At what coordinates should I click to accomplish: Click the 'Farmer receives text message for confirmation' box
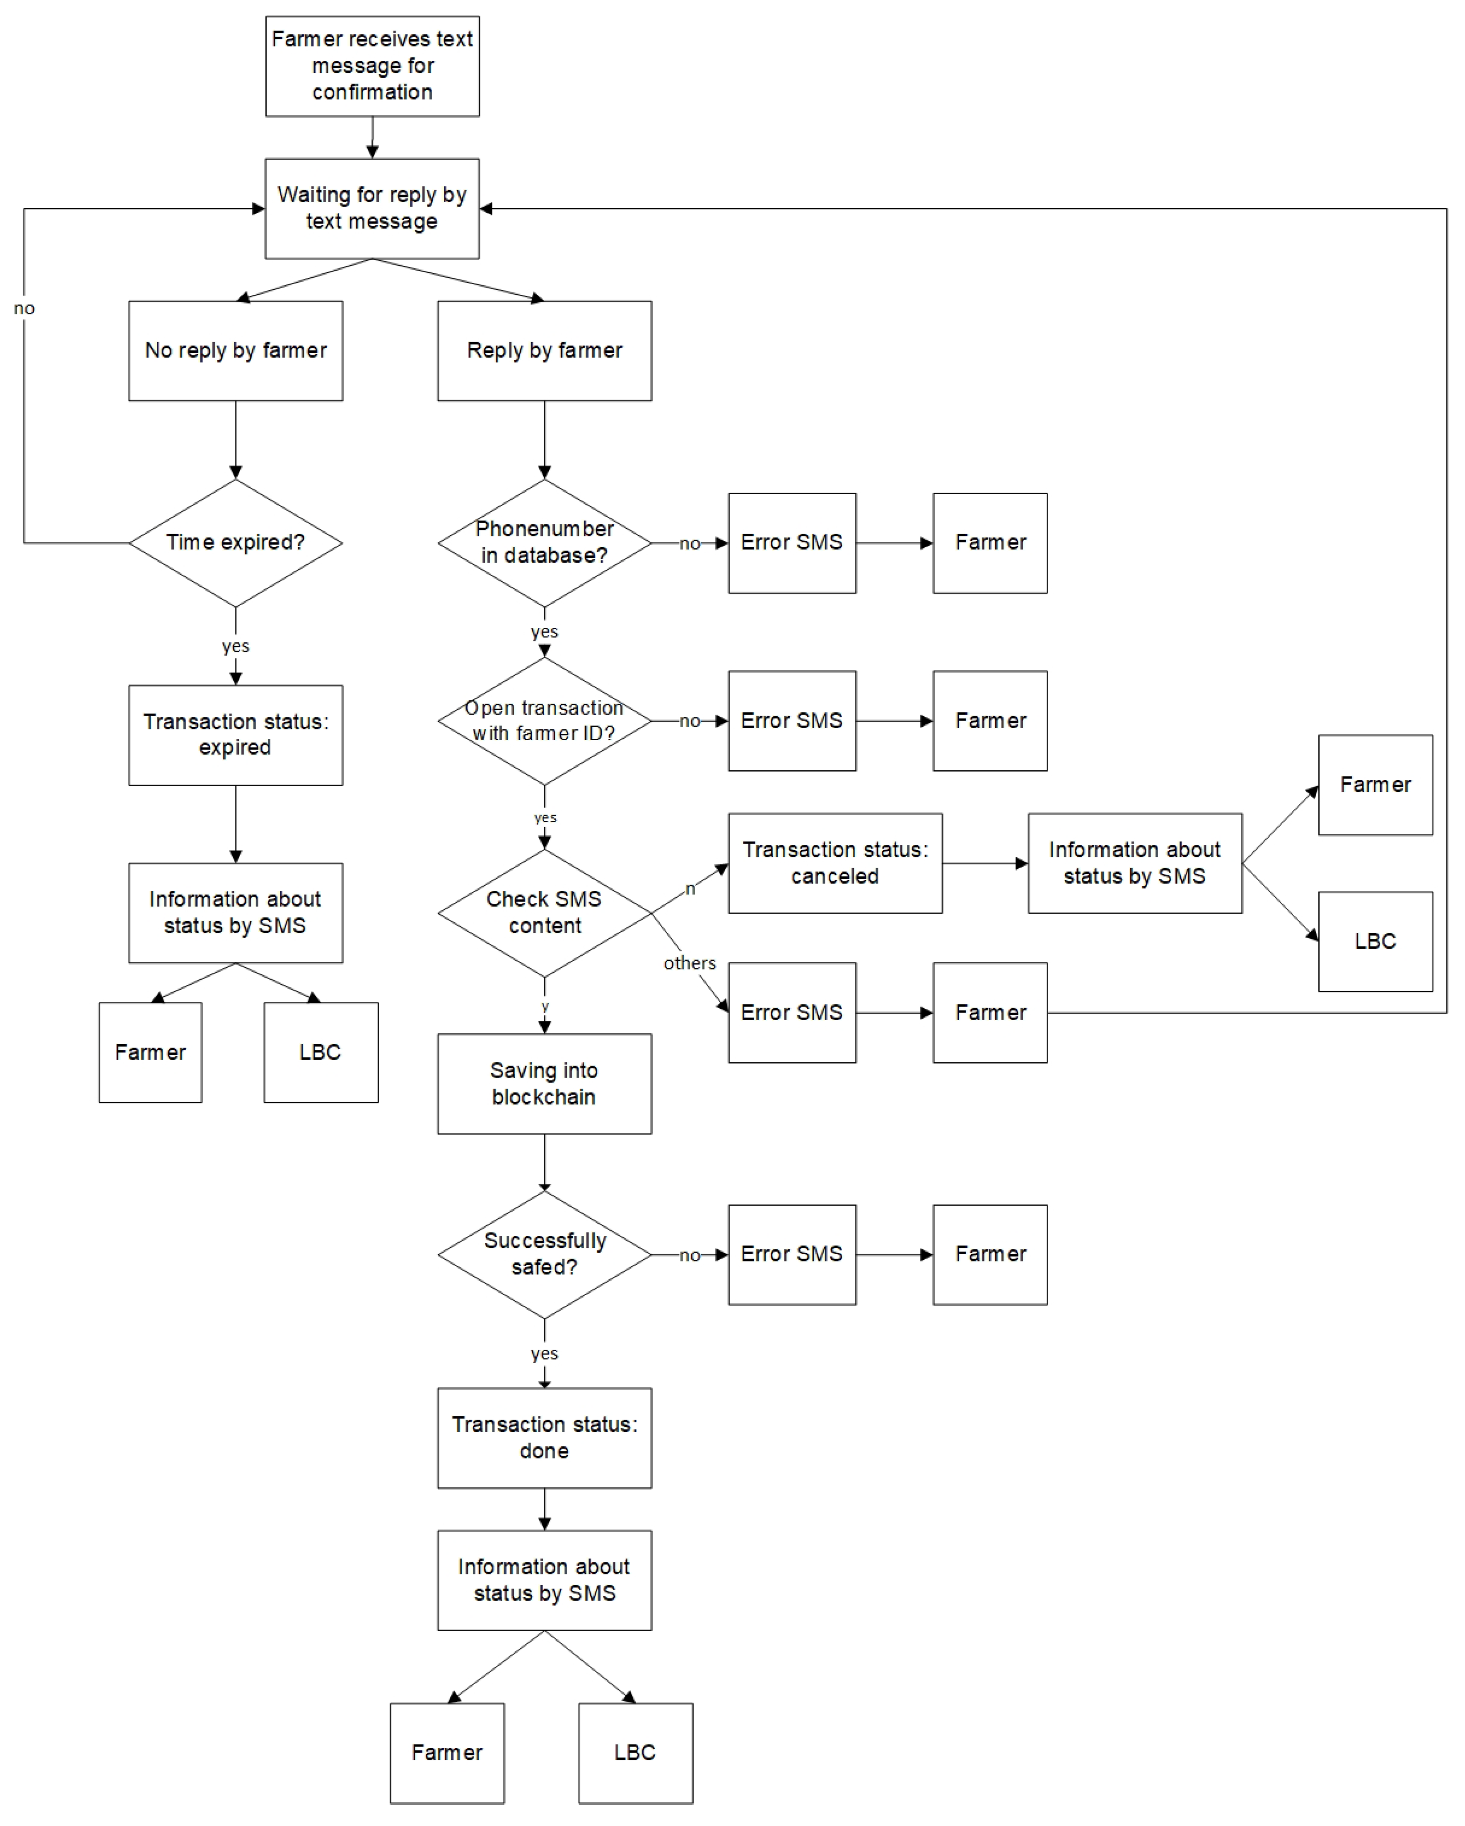tap(372, 66)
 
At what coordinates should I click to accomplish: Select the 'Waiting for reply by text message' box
tap(372, 208)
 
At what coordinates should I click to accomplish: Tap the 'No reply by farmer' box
tap(235, 351)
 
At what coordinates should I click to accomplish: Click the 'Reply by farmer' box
tap(545, 351)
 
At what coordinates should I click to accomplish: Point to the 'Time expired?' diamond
tap(235, 543)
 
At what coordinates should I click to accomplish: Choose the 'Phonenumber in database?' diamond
tap(545, 543)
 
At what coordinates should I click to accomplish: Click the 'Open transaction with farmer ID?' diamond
tap(545, 721)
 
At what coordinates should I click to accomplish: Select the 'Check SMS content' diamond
tap(545, 913)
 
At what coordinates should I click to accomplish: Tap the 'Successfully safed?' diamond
tap(545, 1254)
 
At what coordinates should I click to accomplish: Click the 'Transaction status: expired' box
tap(235, 735)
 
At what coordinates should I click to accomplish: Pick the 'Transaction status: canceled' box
tap(835, 863)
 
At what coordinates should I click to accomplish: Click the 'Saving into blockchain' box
tap(545, 1084)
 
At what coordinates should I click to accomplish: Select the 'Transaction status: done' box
tap(545, 1438)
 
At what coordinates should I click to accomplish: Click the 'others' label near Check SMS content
tap(689, 963)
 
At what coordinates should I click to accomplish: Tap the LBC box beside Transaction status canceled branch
tap(1375, 942)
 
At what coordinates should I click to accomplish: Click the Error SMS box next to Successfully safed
tap(792, 1254)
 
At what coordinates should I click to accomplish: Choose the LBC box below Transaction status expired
tap(320, 1053)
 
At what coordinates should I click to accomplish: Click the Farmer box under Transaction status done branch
tap(447, 1753)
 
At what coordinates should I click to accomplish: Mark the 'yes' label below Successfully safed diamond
tap(545, 1354)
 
